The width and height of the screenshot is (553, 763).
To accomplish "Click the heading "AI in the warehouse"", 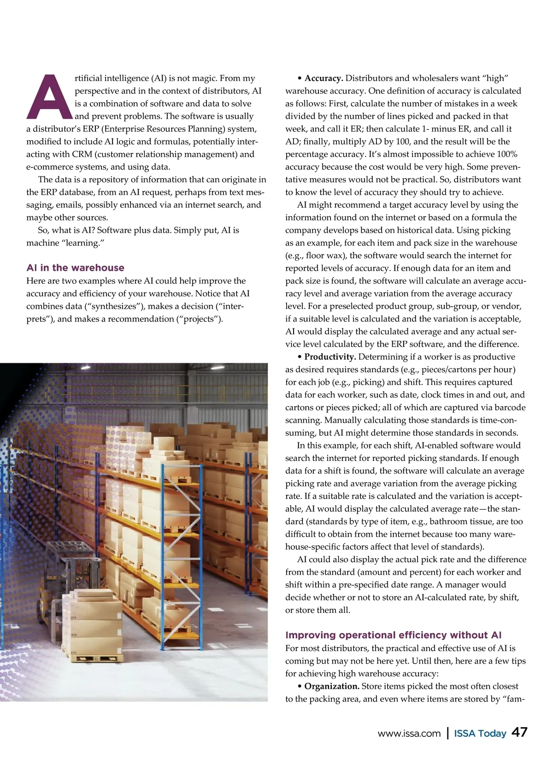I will coord(75,268).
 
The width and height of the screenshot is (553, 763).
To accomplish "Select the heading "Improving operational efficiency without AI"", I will coord(393,635).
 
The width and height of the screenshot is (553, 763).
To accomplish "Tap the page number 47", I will coord(519,733).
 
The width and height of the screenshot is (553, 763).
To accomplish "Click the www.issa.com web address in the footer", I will coord(409,734).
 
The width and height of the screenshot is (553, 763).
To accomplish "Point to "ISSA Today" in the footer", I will coord(480,734).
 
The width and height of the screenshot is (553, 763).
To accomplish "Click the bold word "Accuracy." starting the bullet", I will coord(324,78).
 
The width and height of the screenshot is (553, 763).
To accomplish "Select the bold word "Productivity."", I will coord(330,357).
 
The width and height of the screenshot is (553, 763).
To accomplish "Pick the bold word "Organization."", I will coord(332,686).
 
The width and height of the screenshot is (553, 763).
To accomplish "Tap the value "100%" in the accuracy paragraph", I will coord(507,154).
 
